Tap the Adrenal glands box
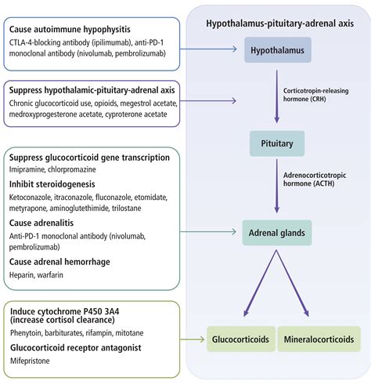click(x=277, y=231)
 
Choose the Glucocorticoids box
click(x=240, y=340)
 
